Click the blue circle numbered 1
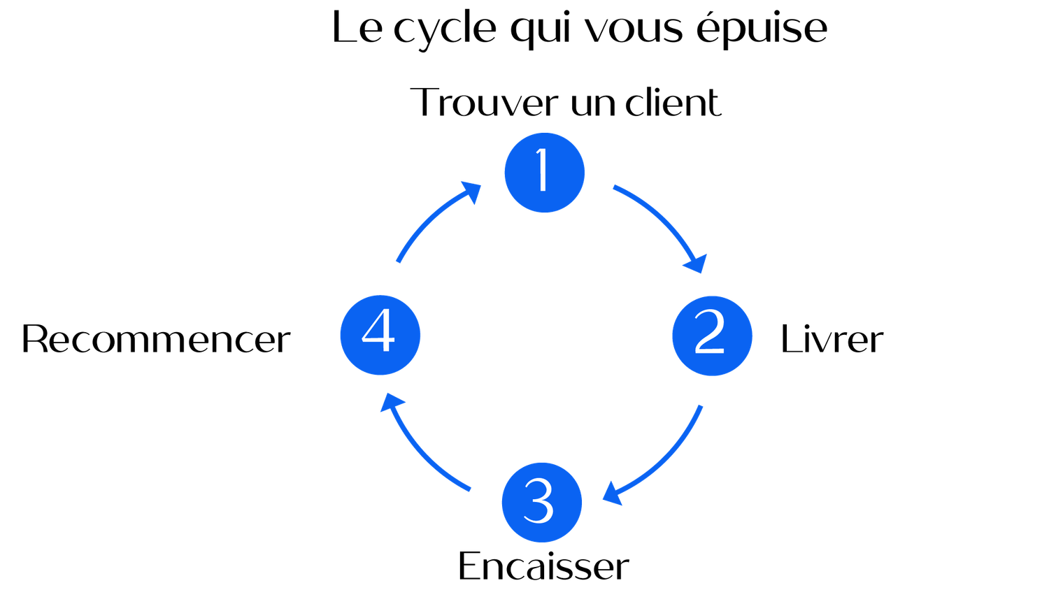point(545,173)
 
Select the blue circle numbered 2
point(713,336)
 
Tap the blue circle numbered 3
point(542,503)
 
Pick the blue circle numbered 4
point(380,336)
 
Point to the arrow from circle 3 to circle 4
point(417,452)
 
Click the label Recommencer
point(156,339)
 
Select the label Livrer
point(832,339)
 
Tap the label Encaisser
point(543,566)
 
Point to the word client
point(673,101)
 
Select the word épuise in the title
point(762,28)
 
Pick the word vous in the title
point(634,31)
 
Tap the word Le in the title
point(357,28)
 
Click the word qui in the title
point(543,30)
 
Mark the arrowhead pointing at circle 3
point(612,494)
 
